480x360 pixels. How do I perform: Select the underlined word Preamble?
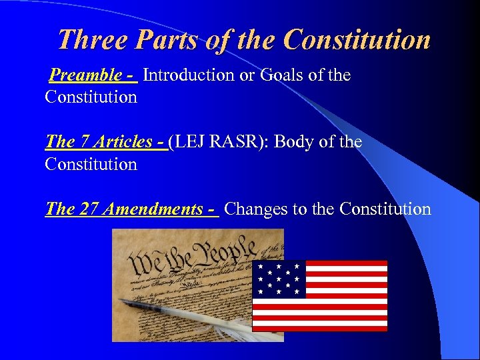pyautogui.click(x=85, y=75)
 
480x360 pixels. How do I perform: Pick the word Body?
pyautogui.click(x=294, y=142)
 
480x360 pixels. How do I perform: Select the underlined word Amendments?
pyautogui.click(x=153, y=209)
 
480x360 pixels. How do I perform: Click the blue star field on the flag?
pyautogui.click(x=279, y=279)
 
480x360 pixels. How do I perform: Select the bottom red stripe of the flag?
pyautogui.click(x=319, y=328)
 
